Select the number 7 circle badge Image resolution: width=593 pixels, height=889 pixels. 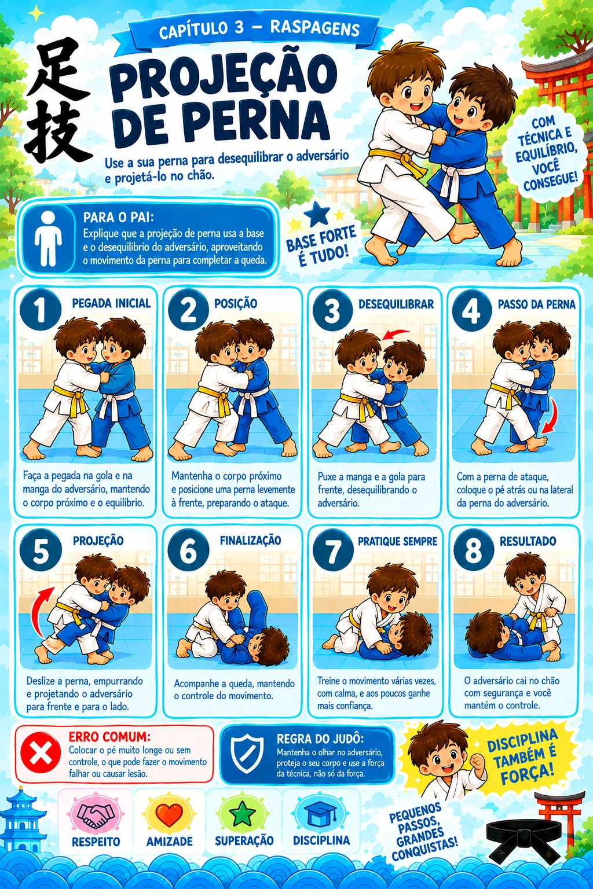(x=333, y=550)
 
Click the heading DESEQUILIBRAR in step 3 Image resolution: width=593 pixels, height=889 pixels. (x=396, y=304)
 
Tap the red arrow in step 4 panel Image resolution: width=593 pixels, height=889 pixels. (x=549, y=416)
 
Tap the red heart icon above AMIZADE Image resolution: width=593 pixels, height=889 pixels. (x=169, y=813)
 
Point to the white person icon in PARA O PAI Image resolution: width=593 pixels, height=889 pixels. (x=47, y=238)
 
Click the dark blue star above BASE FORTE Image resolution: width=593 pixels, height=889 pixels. (x=317, y=214)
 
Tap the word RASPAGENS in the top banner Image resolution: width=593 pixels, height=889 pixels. (x=314, y=29)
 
